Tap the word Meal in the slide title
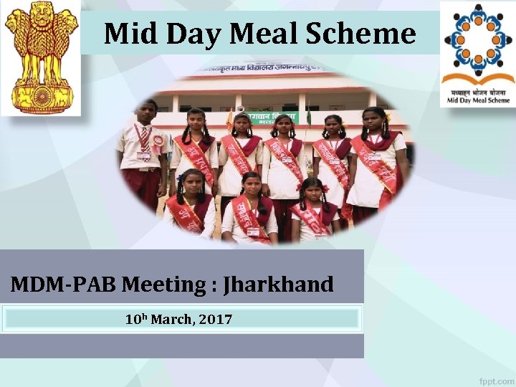(264, 34)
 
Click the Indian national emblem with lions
(41, 57)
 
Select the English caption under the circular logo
(478, 100)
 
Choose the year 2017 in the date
(216, 319)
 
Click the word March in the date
(171, 319)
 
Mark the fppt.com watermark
(495, 380)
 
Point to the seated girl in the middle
(250, 208)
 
